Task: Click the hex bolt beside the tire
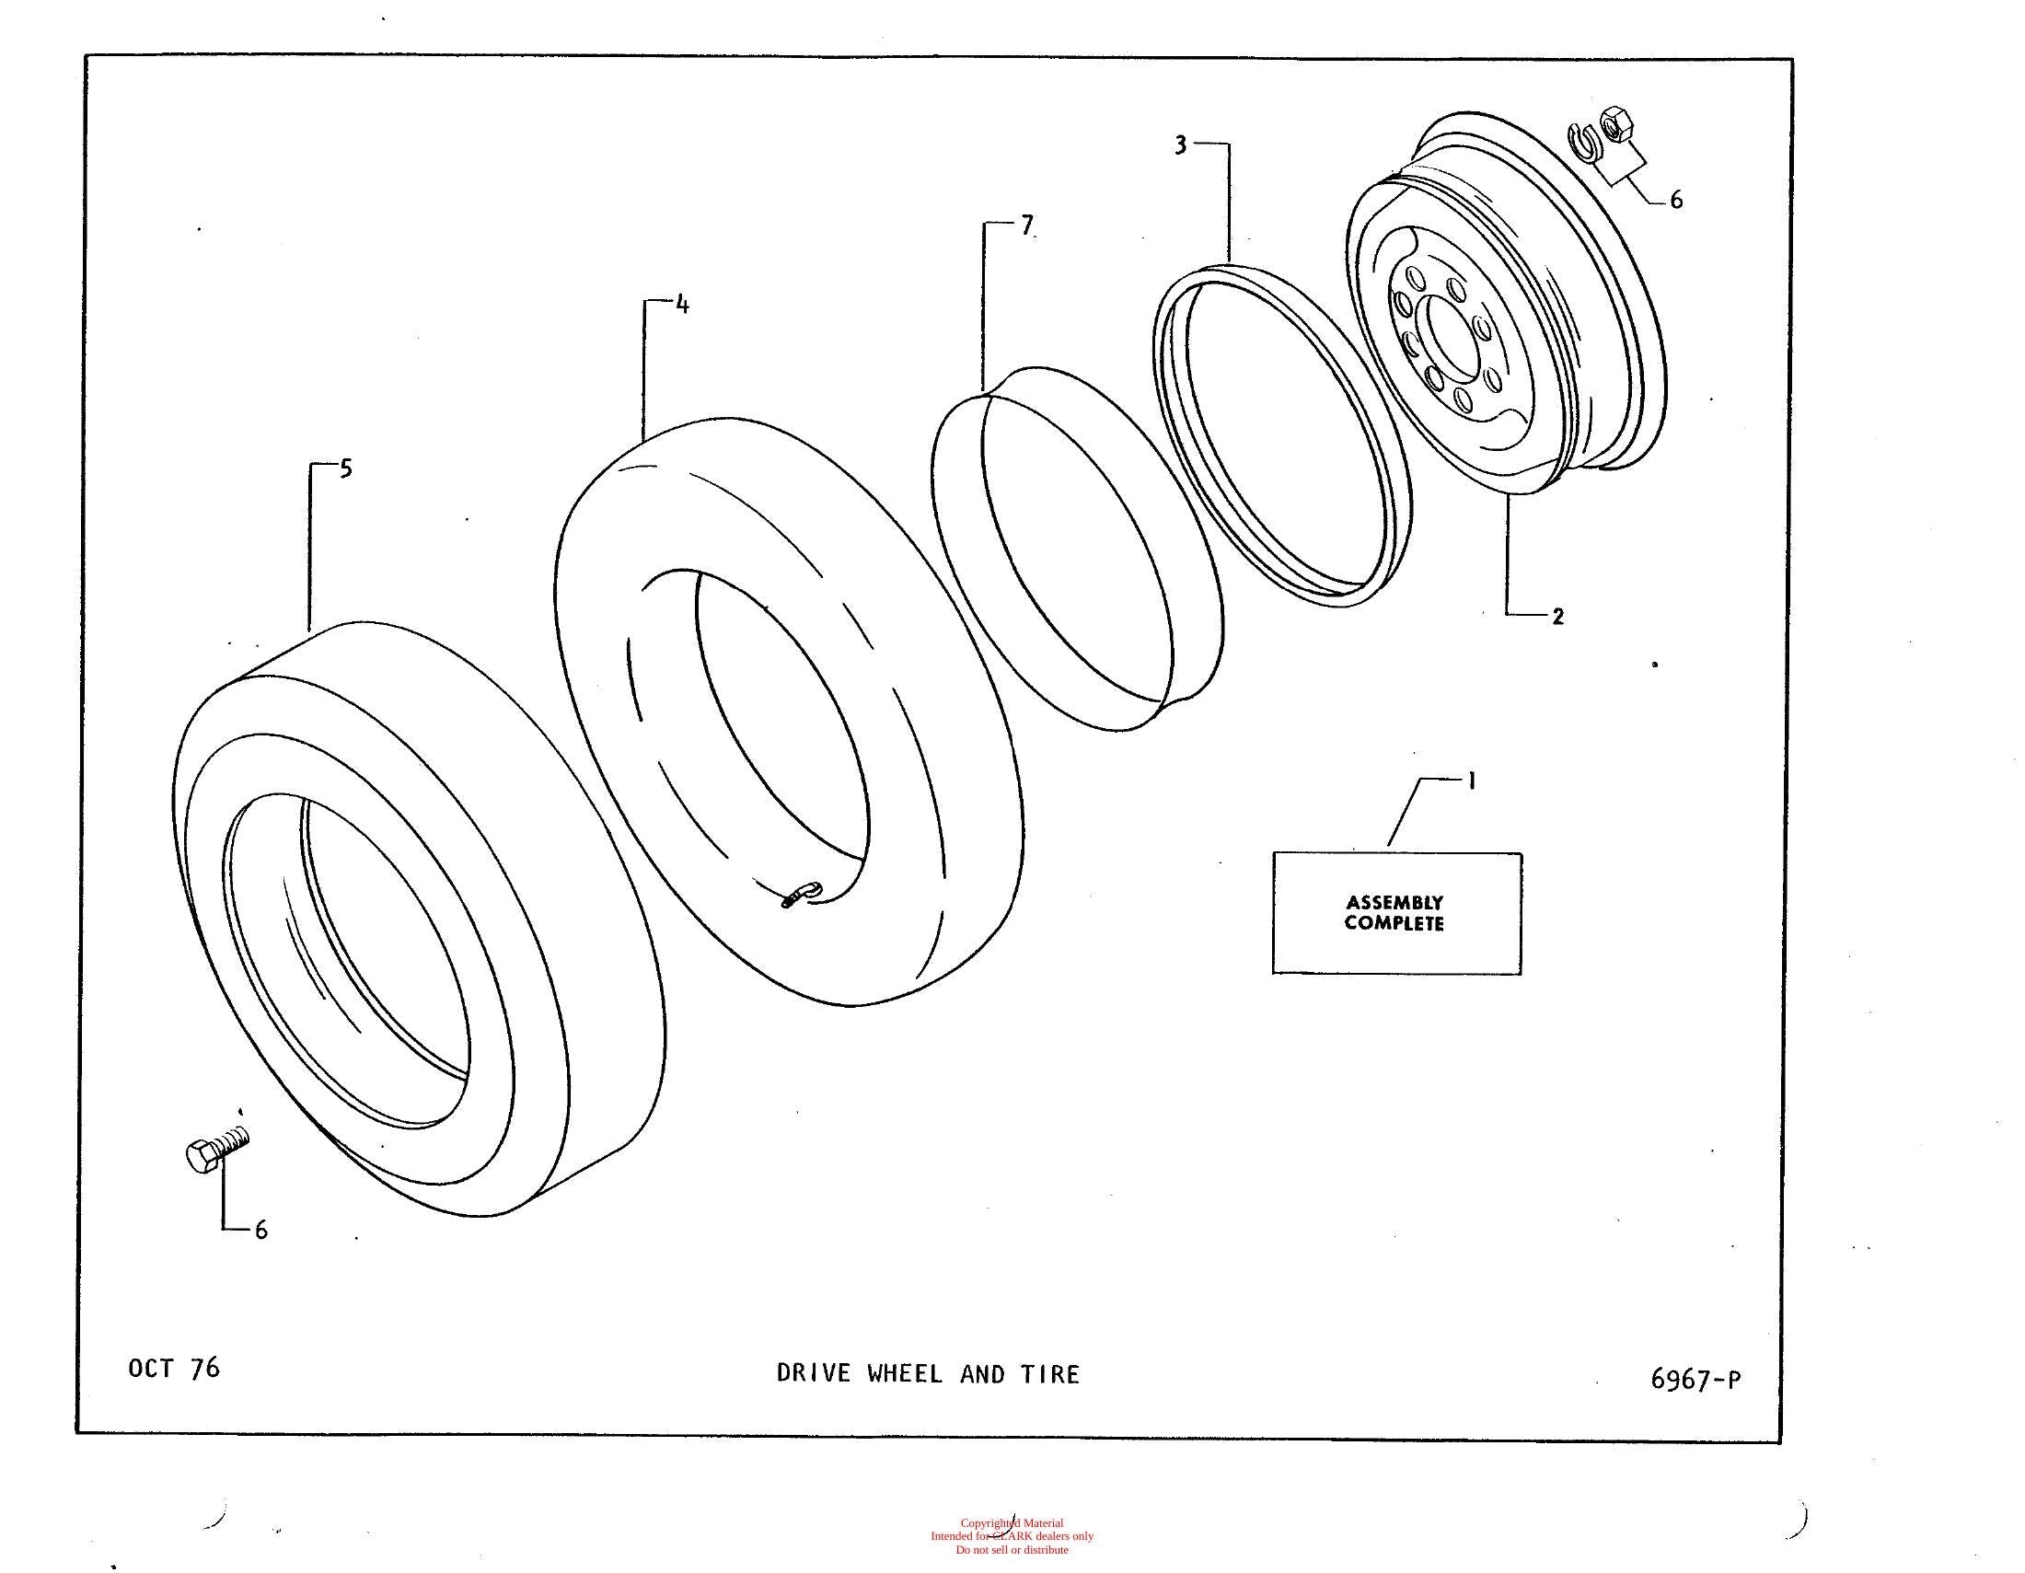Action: point(218,1150)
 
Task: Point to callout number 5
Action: point(346,469)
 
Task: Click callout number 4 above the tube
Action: point(682,304)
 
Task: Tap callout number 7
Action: point(1026,225)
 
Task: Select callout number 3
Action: point(1180,145)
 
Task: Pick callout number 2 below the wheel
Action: point(1557,616)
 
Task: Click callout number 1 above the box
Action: point(1472,781)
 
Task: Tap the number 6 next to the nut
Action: point(1676,201)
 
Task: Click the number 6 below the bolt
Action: point(261,1230)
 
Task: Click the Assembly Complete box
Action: point(1396,913)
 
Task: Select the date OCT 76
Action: point(174,1369)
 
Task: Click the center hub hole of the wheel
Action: point(1452,338)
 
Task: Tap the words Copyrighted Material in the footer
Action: point(1012,1523)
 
